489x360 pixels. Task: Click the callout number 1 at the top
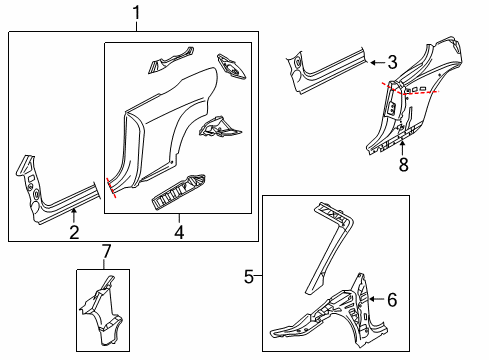[x=136, y=13]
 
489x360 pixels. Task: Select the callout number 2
[x=74, y=232]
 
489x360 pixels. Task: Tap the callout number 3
[x=392, y=62]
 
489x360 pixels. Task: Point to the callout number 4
[x=179, y=232]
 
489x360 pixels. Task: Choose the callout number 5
[x=249, y=277]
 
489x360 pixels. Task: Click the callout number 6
[x=392, y=300]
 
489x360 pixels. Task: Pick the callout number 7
[x=106, y=251]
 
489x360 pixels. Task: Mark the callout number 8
[x=404, y=164]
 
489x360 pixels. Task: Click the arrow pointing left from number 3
[x=377, y=62]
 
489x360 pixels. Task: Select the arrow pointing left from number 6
[x=377, y=299]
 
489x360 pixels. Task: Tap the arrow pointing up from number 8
[x=403, y=148]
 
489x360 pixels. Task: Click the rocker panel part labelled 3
[x=328, y=72]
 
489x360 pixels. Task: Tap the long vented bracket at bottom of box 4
[x=178, y=193]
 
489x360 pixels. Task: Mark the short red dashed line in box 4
[x=111, y=188]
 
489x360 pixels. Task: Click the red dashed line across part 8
[x=411, y=91]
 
